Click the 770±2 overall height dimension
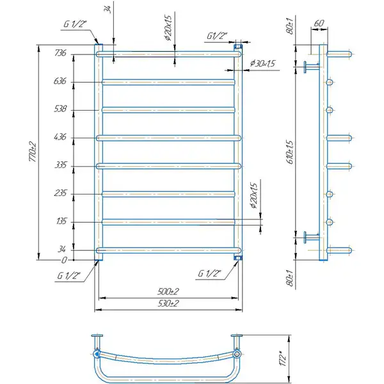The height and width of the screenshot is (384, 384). (33, 152)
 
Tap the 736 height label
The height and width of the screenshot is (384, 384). (61, 53)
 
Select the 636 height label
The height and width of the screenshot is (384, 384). (60, 81)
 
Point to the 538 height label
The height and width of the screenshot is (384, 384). (60, 109)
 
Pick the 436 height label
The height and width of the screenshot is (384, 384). (60, 137)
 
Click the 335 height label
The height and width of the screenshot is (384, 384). (61, 165)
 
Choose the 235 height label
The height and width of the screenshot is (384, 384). (61, 193)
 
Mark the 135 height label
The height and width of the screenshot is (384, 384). (61, 221)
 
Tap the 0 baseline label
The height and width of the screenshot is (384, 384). (64, 260)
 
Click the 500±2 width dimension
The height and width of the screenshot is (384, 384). (168, 291)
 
